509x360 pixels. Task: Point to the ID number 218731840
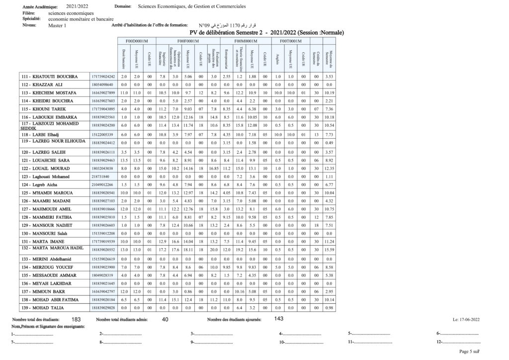point(98,177)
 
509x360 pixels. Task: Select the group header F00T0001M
point(290,41)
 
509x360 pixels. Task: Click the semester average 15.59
point(329,249)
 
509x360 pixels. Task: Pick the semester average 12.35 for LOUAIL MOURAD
point(329,169)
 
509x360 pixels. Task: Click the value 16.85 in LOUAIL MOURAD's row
point(214,169)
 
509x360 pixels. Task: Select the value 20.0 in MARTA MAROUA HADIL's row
point(214,249)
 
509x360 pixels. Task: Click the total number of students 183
point(76,319)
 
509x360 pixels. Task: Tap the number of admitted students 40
point(166,319)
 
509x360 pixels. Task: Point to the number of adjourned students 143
point(278,319)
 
